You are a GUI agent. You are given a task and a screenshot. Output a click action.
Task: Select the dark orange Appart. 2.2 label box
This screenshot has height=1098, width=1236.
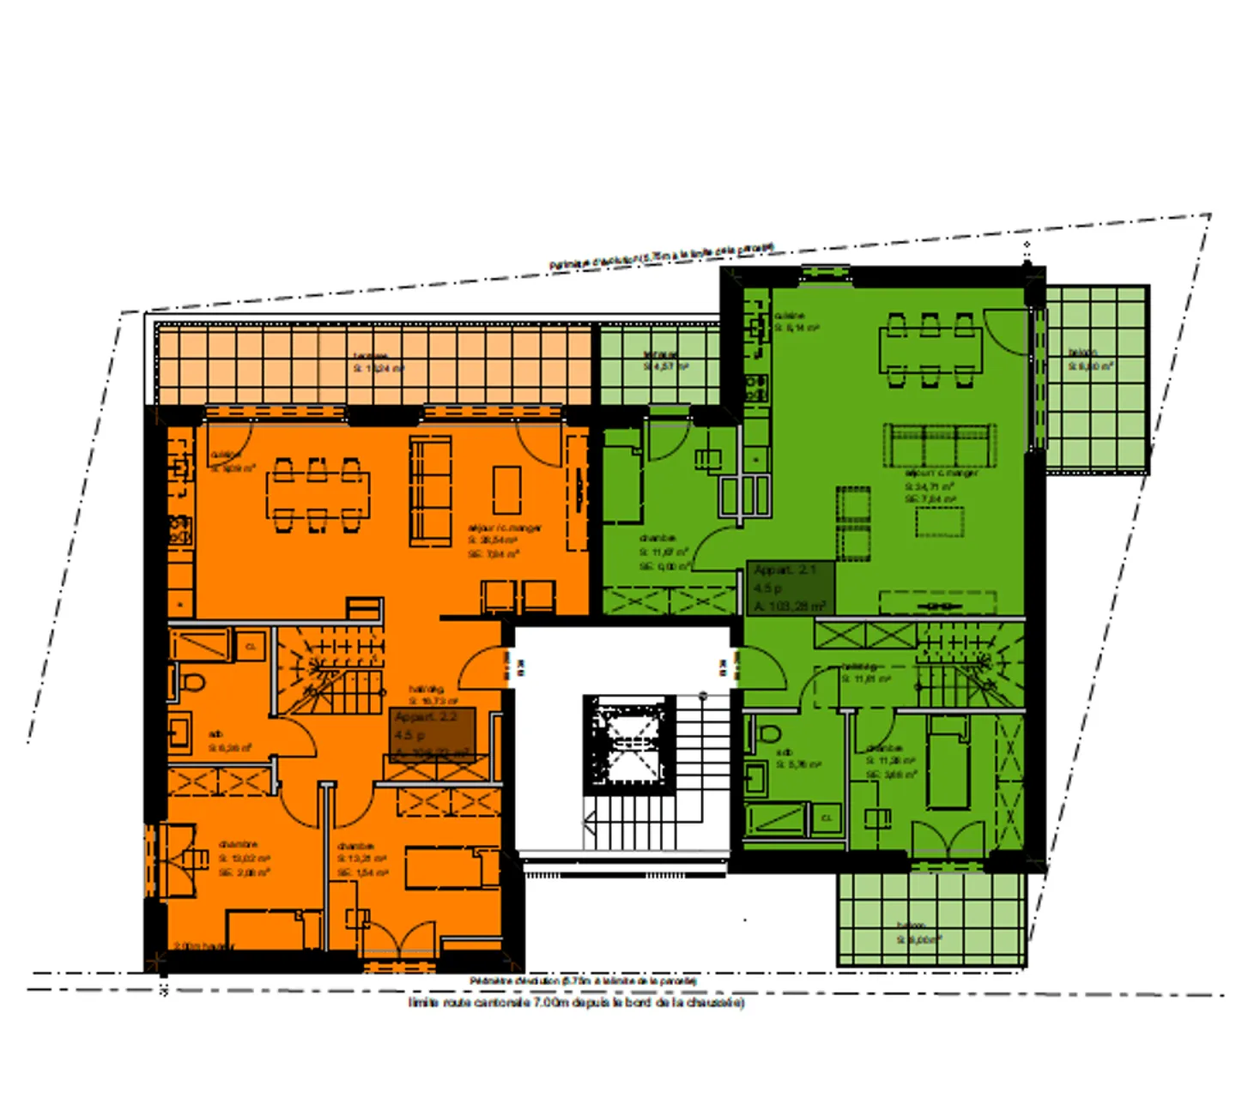433,734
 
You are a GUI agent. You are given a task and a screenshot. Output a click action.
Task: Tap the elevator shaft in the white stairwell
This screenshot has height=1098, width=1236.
629,744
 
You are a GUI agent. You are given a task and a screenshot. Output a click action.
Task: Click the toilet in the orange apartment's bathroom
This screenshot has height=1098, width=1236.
192,683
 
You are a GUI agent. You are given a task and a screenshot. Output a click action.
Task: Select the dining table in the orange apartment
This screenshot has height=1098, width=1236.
318,494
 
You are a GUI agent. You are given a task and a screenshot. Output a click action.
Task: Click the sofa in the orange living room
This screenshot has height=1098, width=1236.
431,491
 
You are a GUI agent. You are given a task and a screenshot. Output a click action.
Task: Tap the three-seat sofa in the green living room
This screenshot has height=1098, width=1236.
940,444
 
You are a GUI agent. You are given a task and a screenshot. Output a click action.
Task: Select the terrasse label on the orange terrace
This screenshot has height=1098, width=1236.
371,356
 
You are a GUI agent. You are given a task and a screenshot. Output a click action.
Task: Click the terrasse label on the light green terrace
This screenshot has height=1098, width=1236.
661,354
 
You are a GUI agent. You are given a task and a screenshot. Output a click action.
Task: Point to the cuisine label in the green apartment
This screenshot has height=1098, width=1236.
789,316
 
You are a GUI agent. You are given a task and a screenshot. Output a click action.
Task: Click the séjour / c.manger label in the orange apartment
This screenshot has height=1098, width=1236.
504,528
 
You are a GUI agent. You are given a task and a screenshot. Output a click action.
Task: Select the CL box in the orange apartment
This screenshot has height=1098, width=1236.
251,646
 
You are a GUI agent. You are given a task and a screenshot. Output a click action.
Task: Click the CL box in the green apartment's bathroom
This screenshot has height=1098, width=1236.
827,818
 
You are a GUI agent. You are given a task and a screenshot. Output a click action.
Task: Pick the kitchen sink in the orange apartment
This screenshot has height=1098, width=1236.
181,468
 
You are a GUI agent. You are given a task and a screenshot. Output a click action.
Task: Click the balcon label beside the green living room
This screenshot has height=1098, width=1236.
1083,352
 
